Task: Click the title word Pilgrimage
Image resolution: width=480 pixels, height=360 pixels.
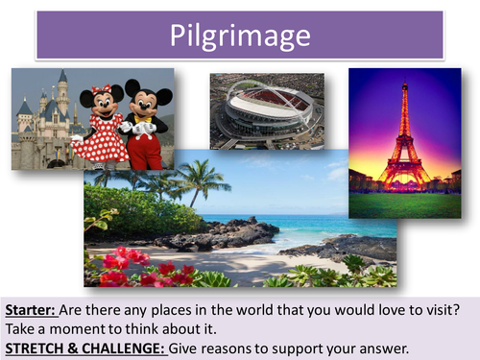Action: coord(240,36)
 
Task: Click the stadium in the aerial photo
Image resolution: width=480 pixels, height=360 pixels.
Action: coord(265,110)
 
